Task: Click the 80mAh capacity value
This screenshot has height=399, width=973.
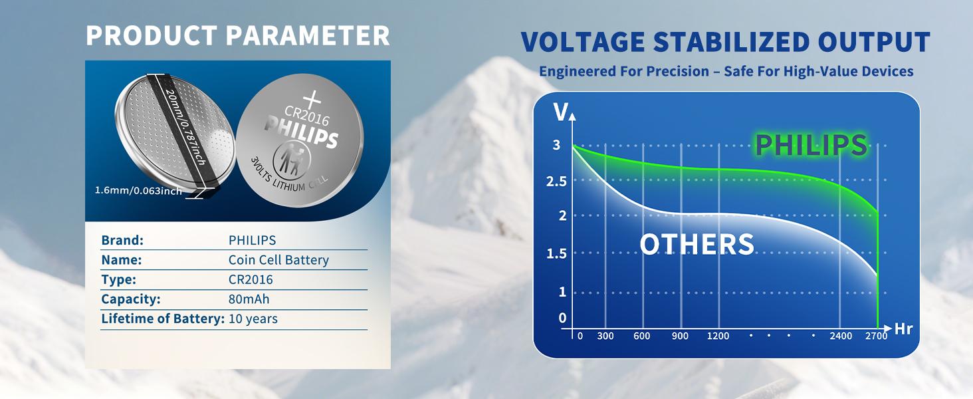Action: tap(249, 299)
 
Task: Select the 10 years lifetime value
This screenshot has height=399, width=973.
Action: tap(253, 319)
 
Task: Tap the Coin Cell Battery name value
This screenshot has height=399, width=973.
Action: tap(278, 260)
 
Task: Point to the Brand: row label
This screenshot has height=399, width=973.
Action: tap(122, 240)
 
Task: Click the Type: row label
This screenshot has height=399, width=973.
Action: tap(118, 280)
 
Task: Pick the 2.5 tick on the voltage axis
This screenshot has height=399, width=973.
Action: tap(556, 182)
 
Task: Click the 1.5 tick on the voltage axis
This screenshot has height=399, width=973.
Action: tap(556, 253)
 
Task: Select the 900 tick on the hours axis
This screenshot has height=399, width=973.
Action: tap(680, 336)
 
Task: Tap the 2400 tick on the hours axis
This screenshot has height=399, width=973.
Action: tap(841, 336)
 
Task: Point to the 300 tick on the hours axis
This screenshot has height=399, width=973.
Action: tap(605, 336)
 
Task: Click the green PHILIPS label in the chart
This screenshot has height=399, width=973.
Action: tap(811, 145)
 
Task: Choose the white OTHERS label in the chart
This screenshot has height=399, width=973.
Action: tap(697, 244)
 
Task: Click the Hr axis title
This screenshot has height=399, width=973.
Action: tap(903, 329)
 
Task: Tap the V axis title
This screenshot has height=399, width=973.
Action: tap(561, 112)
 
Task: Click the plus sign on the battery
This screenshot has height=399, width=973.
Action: tap(312, 100)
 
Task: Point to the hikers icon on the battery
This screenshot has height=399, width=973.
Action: tap(291, 159)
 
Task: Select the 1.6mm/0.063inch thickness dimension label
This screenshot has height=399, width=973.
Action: tap(138, 190)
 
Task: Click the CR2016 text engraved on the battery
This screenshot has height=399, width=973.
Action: tap(306, 116)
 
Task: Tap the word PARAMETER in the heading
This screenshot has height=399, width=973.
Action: tap(308, 36)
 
